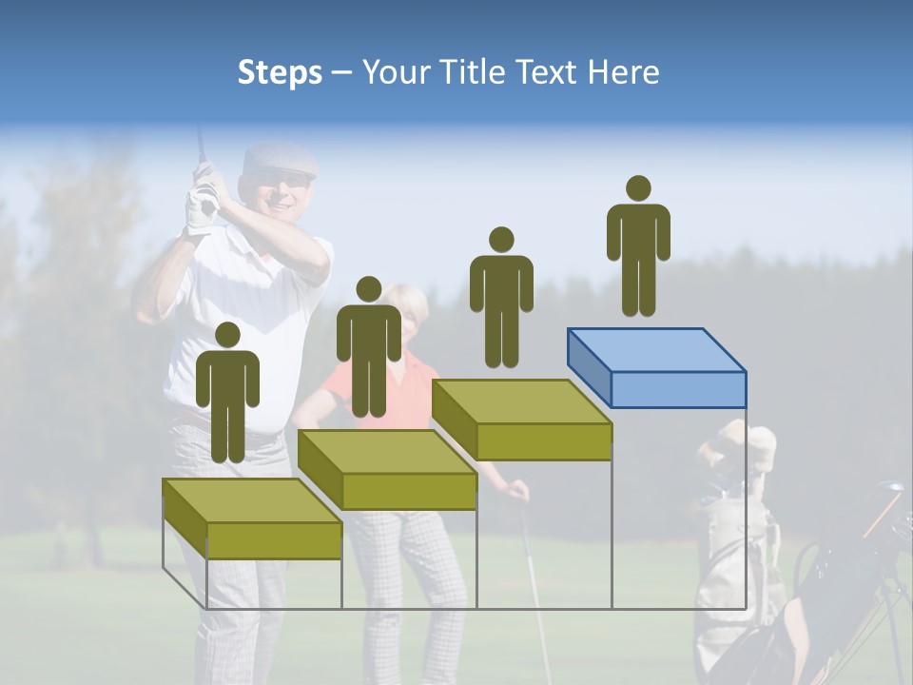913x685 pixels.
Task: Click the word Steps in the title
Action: tap(280, 73)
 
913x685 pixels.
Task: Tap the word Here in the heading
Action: tap(623, 72)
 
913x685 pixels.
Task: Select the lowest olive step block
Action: tap(253, 519)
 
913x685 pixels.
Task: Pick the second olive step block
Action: tap(388, 470)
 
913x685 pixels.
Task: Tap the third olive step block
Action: tap(522, 420)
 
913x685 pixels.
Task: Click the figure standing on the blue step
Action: tap(638, 247)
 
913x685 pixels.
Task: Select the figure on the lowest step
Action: tap(227, 394)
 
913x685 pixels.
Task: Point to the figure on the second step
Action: tap(368, 348)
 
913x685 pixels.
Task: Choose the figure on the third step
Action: tap(501, 299)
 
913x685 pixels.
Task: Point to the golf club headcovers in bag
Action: tap(737, 447)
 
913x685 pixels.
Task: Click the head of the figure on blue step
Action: tap(638, 188)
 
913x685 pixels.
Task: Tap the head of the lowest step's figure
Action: tap(227, 335)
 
